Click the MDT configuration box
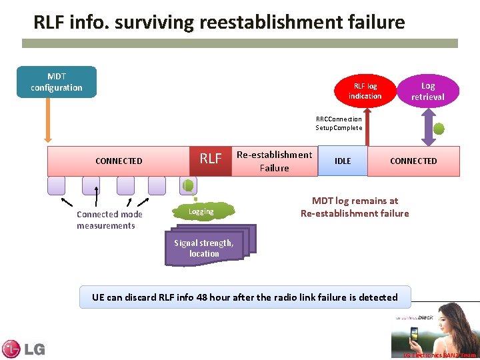click(57, 82)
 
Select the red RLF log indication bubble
click(365, 91)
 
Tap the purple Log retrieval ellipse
click(428, 91)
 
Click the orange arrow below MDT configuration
click(48, 120)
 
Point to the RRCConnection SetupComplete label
click(339, 123)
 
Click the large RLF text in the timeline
click(211, 159)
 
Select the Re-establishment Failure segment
click(274, 161)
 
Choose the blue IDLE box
click(343, 161)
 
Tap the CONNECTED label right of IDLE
click(413, 161)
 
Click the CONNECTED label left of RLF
click(119, 161)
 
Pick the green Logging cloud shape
click(201, 212)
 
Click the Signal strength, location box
click(204, 248)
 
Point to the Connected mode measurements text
click(109, 220)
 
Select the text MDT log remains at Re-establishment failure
click(355, 207)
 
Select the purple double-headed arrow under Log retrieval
click(428, 127)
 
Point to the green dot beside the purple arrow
click(440, 129)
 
